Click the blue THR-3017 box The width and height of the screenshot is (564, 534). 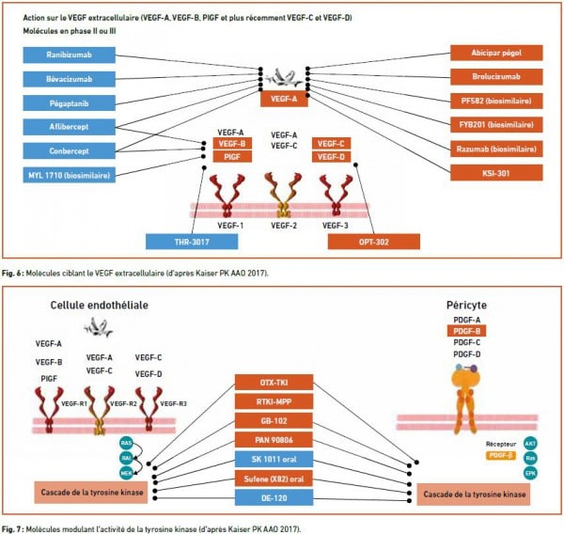[x=192, y=242]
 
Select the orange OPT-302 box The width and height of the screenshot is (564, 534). [x=372, y=242]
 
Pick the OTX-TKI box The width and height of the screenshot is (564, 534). [x=280, y=384]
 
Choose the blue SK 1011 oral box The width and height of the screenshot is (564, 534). [x=280, y=458]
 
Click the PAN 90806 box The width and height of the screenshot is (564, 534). [x=280, y=440]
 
